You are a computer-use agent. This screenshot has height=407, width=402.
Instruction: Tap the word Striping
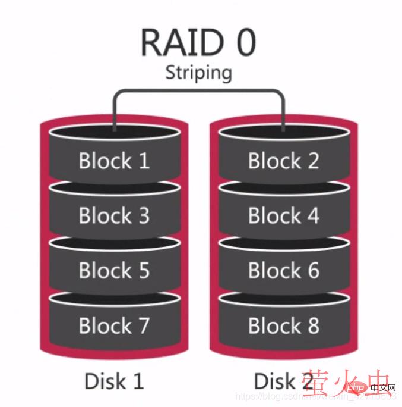pyautogui.click(x=198, y=73)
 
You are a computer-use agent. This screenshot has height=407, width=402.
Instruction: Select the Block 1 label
pyautogui.click(x=114, y=161)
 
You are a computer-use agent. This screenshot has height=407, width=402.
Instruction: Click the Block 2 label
pyautogui.click(x=283, y=161)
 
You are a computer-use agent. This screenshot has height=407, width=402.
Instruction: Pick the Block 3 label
pyautogui.click(x=114, y=215)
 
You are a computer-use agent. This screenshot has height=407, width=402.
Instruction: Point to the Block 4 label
pyautogui.click(x=283, y=215)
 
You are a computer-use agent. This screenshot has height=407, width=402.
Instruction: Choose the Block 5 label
pyautogui.click(x=114, y=270)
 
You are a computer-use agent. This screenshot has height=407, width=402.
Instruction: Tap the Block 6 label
pyautogui.click(x=283, y=270)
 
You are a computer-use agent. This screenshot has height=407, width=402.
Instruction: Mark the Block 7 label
pyautogui.click(x=114, y=325)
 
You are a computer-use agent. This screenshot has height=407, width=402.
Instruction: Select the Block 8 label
pyautogui.click(x=283, y=325)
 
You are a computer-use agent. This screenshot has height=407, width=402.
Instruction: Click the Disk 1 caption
pyautogui.click(x=114, y=380)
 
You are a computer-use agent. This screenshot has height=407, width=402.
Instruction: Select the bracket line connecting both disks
pyautogui.click(x=198, y=91)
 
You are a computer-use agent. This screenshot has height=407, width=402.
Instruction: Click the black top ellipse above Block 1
pyautogui.click(x=114, y=133)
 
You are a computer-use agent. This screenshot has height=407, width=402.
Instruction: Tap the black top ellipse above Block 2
pyautogui.click(x=283, y=133)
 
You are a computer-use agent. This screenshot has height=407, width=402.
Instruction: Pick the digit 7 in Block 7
pyautogui.click(x=143, y=325)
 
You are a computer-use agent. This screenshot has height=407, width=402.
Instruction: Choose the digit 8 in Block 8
pyautogui.click(x=312, y=325)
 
